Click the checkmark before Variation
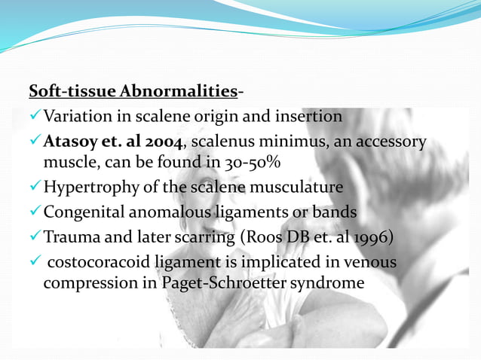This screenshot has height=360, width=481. coord(35,117)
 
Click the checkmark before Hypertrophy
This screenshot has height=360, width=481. coord(35,186)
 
